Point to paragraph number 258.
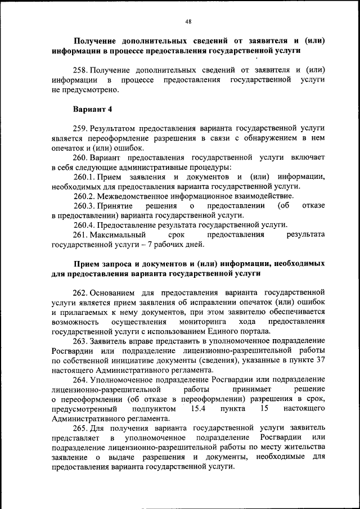coord(81,70)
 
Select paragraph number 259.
coord(81,128)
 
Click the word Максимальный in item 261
coord(119,235)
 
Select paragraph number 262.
coord(81,292)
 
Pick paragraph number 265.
coord(81,429)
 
